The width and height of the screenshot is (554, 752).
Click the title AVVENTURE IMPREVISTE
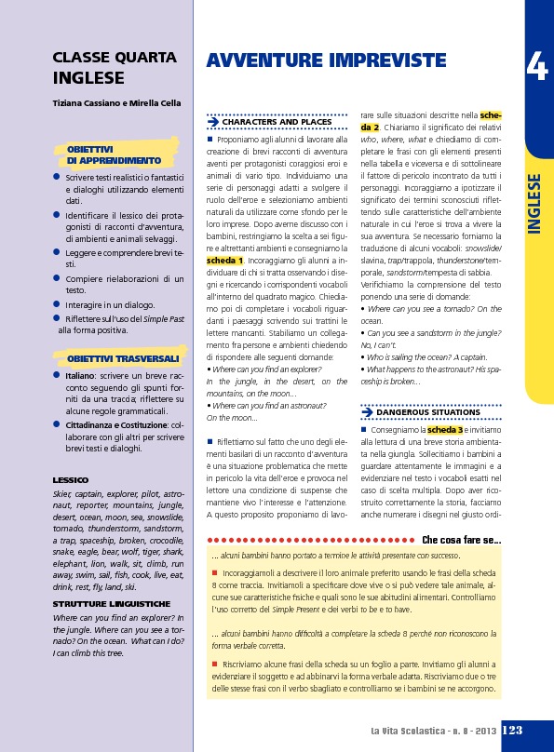(326, 61)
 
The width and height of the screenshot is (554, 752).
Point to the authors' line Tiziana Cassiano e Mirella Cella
(116, 102)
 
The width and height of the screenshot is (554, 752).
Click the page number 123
(511, 732)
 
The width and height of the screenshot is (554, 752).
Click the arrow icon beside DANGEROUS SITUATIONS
(367, 411)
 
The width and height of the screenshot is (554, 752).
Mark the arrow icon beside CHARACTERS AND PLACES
(213, 122)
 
